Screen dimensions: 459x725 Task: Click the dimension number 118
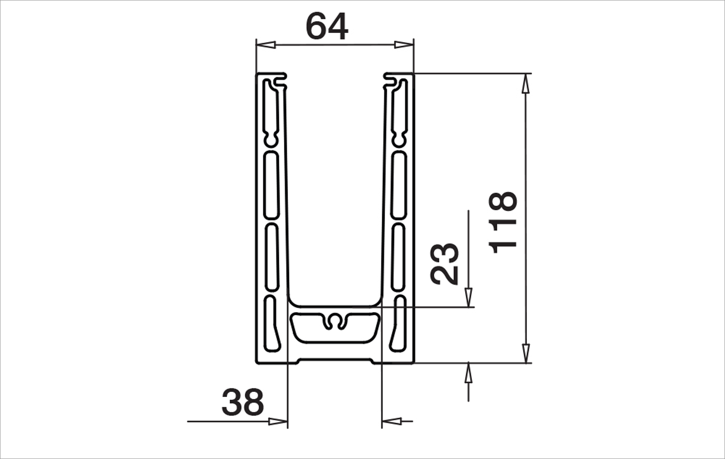tap(504, 222)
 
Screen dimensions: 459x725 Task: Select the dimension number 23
tap(445, 263)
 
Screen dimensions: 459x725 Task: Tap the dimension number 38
tap(243, 402)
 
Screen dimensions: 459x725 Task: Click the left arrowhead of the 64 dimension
tap(266, 45)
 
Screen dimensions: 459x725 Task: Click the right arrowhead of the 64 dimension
tap(404, 45)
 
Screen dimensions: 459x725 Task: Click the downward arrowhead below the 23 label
tap(468, 297)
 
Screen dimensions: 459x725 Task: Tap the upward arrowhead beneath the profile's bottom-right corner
tap(468, 374)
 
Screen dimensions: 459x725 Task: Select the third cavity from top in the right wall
tap(399, 257)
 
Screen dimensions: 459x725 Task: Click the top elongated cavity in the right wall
tap(400, 112)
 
